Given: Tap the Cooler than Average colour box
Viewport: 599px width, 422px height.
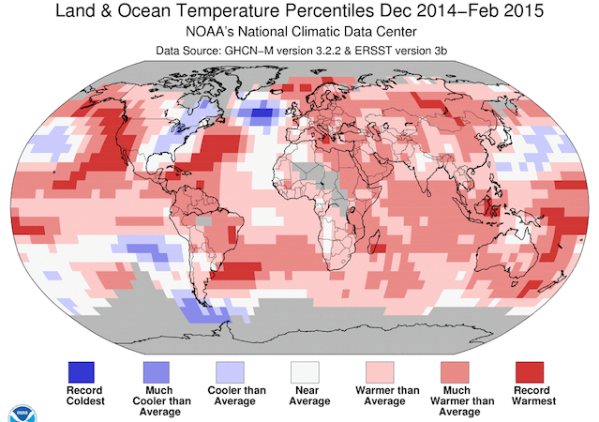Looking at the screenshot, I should [235, 369].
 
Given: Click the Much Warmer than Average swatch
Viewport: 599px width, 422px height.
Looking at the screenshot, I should [460, 369].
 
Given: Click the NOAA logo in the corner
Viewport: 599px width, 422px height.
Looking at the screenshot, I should [17, 413].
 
